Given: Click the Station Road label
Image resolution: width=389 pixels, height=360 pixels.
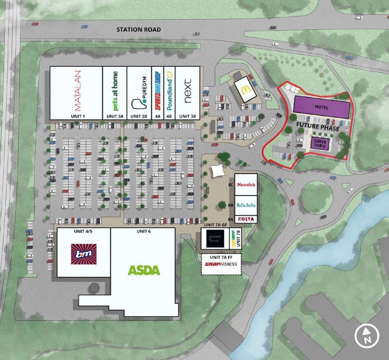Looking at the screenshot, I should [x=139, y=29].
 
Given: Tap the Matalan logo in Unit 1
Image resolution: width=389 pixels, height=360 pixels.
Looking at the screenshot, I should [x=76, y=91].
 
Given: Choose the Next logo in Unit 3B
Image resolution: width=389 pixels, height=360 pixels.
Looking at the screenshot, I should [x=188, y=91].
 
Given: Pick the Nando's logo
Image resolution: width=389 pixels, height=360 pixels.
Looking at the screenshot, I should [x=246, y=185].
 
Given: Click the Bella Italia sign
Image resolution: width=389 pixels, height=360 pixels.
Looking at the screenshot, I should [x=246, y=205].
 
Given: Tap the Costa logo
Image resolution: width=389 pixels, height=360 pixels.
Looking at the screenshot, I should [x=246, y=219].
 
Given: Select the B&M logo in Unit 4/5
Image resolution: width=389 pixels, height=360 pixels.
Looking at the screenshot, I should [x=84, y=254].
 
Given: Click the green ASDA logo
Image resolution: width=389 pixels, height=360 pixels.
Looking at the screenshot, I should [x=143, y=270].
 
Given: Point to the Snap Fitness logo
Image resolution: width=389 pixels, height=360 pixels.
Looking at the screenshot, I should [x=221, y=265].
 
